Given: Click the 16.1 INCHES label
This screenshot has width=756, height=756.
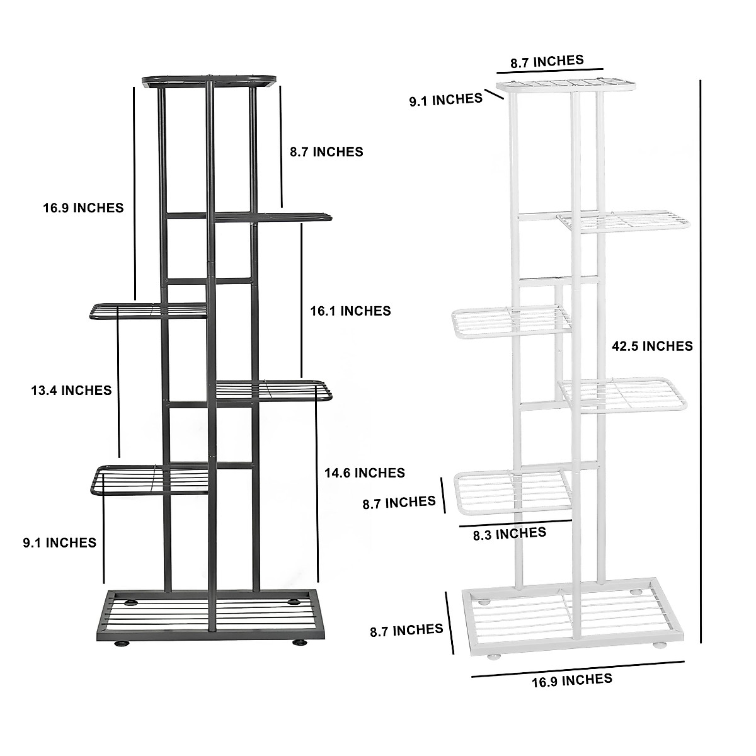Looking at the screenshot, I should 350,311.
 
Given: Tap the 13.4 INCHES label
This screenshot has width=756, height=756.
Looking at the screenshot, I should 71,391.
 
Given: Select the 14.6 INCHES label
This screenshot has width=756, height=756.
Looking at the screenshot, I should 364,472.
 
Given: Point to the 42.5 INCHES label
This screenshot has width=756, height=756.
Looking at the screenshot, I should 652,346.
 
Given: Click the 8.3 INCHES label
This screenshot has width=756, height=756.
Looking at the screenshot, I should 509,534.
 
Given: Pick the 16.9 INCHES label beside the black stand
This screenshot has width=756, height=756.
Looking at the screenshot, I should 83,207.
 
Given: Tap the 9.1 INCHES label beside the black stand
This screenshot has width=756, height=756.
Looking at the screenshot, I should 59,542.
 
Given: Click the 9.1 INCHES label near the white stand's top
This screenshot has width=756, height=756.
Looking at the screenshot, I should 445,99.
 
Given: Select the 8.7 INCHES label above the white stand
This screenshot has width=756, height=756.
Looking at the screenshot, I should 547,61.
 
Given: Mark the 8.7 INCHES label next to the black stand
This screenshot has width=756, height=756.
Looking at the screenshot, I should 326,152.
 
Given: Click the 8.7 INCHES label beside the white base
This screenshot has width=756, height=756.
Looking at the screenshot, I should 406,629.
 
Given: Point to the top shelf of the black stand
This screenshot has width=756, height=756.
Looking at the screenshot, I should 210,81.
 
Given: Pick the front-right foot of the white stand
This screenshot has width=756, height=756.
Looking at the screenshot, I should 661,646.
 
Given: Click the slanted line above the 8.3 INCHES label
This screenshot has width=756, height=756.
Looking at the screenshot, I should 515,522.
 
